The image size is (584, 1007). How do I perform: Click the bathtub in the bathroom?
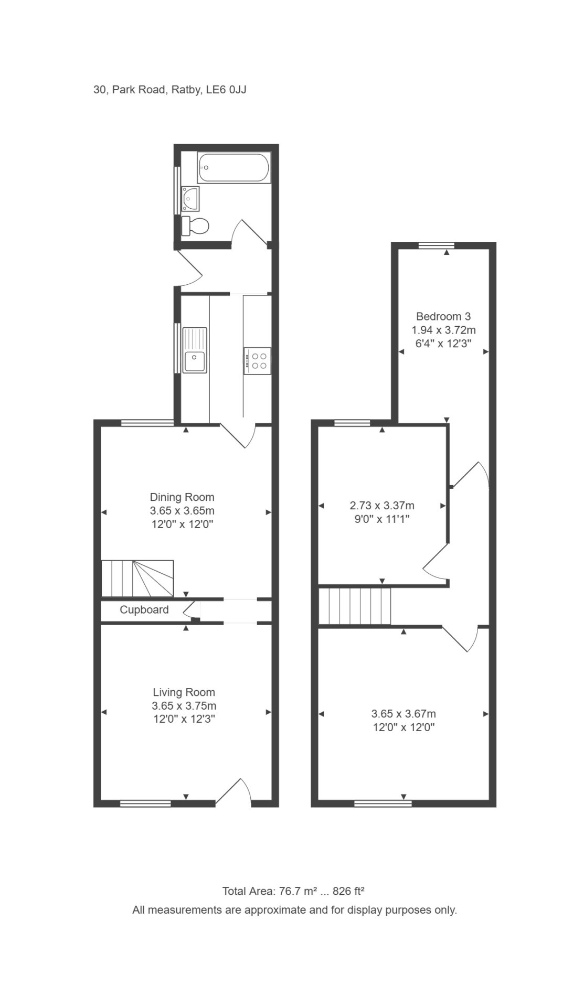(x=233, y=168)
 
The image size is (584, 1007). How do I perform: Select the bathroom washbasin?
(x=190, y=199)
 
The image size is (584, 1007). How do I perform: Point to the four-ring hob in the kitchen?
(x=257, y=361)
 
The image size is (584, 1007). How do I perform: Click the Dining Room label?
(x=182, y=497)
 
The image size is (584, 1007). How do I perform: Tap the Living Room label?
(x=184, y=692)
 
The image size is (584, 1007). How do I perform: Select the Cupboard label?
(x=144, y=609)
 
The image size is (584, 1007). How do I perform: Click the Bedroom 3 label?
(x=443, y=316)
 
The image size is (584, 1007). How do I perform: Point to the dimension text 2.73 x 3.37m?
(x=382, y=506)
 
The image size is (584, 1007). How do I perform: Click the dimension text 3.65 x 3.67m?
(x=404, y=713)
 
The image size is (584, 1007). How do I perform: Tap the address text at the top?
(x=170, y=90)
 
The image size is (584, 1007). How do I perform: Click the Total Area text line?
(x=293, y=891)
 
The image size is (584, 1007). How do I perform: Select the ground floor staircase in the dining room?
(x=137, y=579)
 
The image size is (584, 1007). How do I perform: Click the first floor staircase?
(x=355, y=606)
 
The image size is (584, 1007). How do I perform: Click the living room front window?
(x=145, y=803)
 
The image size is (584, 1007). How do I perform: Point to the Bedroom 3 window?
(x=436, y=245)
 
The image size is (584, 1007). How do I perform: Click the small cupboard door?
(x=192, y=610)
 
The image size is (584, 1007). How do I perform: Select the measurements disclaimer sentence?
(x=294, y=910)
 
